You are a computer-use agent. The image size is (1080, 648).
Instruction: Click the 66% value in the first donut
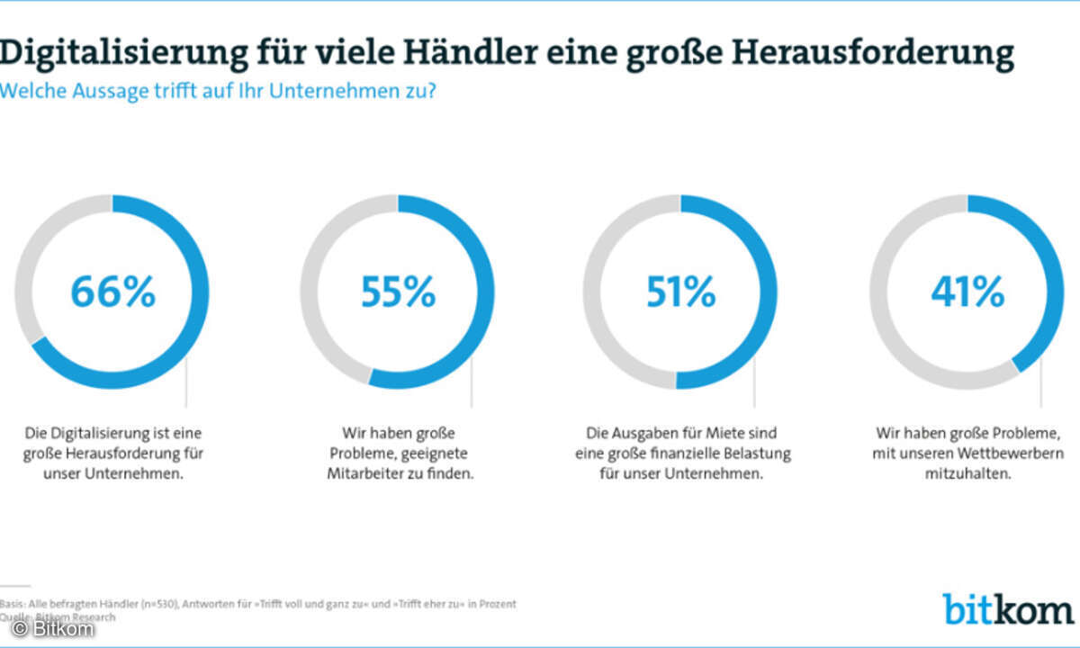[x=112, y=292]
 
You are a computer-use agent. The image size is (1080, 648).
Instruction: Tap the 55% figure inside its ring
[x=398, y=292]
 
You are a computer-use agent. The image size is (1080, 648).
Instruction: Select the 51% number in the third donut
[x=680, y=292]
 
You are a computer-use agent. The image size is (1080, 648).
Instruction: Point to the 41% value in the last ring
[x=967, y=292]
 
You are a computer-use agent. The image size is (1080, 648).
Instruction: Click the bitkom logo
[x=1009, y=608]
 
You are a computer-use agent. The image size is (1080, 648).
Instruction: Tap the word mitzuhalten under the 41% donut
[x=967, y=473]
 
